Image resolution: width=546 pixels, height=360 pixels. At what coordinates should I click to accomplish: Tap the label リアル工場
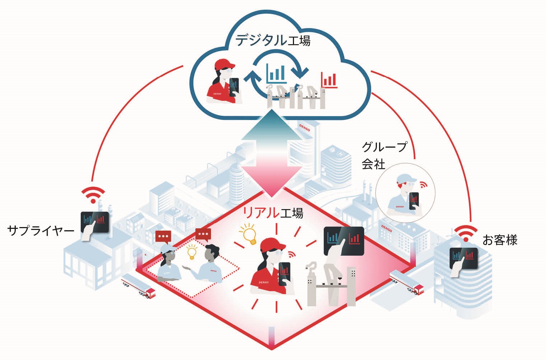click(x=273, y=213)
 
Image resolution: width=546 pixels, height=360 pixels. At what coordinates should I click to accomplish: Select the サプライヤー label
click(x=41, y=230)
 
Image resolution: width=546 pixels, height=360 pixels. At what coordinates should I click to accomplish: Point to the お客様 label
click(x=500, y=240)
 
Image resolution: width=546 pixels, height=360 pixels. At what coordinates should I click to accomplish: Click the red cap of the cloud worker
click(x=224, y=64)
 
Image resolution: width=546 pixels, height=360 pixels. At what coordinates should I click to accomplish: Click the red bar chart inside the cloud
click(x=329, y=80)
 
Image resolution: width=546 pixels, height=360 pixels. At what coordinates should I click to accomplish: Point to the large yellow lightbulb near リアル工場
click(x=250, y=234)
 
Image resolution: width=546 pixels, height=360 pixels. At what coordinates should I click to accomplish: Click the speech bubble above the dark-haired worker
click(x=203, y=235)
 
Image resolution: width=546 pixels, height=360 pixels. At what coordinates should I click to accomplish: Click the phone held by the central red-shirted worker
click(x=285, y=273)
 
